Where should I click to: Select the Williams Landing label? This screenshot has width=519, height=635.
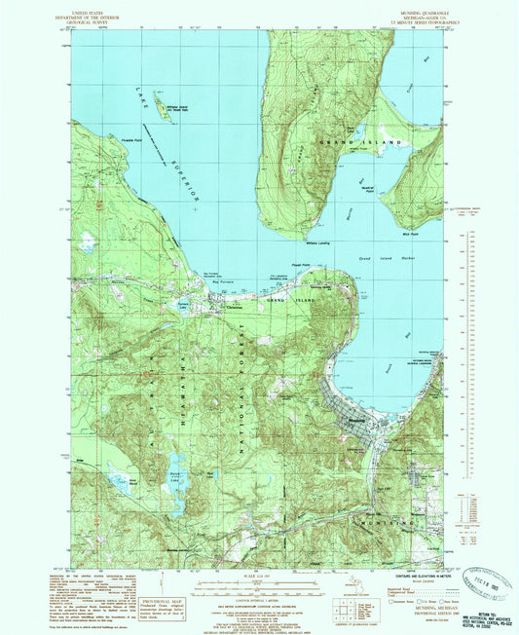[x=321, y=243]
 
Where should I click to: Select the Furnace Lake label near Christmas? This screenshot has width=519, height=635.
[x=208, y=303]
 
